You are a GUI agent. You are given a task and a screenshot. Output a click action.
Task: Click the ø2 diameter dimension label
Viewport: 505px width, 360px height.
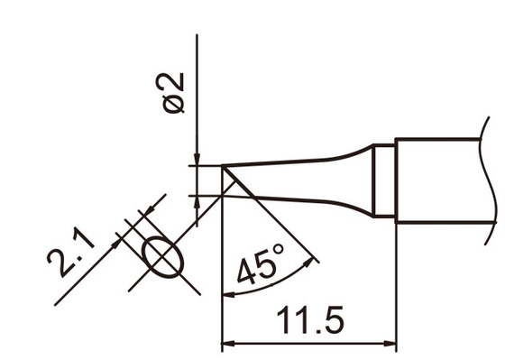click(x=174, y=92)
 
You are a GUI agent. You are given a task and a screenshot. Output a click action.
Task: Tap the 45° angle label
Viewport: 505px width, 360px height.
click(x=260, y=266)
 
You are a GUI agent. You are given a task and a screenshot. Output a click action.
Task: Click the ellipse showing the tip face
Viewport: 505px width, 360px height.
click(x=162, y=255)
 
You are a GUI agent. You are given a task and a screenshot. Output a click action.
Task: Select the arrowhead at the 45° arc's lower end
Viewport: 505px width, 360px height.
click(x=226, y=292)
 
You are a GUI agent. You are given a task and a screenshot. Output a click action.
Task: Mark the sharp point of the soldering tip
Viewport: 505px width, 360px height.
click(x=223, y=166)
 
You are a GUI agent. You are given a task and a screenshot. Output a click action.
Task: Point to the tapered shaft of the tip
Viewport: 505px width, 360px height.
click(x=307, y=180)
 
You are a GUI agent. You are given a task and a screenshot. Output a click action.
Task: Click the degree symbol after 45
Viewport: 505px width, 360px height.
click(x=278, y=253)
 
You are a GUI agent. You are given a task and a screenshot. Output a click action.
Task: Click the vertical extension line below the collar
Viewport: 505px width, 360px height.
click(x=396, y=280)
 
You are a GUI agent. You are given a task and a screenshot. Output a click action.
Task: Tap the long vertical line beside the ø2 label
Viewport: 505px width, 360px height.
click(x=197, y=90)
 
